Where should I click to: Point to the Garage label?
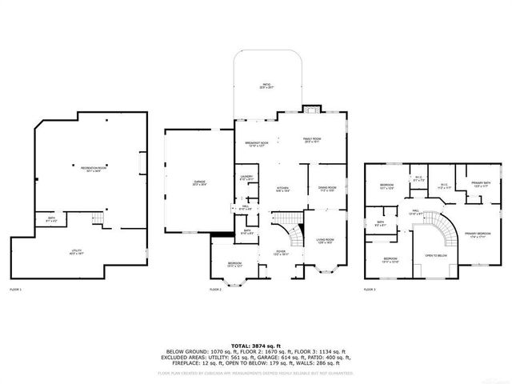click(199, 183)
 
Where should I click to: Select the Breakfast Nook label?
click(256, 144)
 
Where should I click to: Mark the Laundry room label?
click(246, 178)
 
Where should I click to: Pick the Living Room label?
click(325, 240)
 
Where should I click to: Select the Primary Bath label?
click(481, 184)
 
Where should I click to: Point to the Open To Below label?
click(436, 257)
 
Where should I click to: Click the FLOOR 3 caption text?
click(370, 289)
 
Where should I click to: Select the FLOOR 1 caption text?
click(16, 289)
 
